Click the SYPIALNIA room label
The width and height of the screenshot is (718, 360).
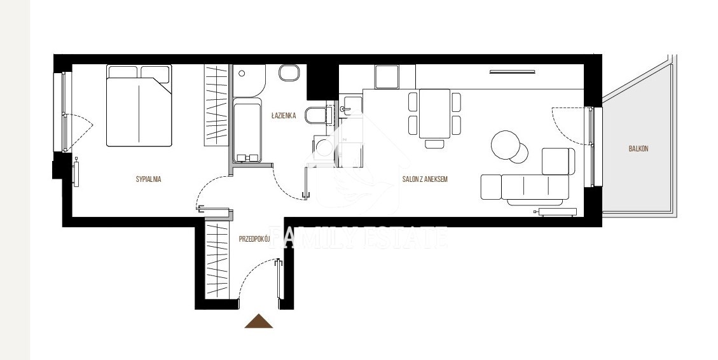(x=148, y=179)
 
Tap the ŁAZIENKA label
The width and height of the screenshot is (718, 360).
(x=284, y=115)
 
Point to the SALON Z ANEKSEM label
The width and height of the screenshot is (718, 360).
(x=425, y=179)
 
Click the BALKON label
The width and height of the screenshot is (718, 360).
(x=639, y=149)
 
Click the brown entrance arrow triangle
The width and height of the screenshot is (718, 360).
(x=259, y=321)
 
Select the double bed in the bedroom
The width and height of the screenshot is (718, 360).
(x=139, y=106)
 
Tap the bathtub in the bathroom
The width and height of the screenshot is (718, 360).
(x=247, y=130)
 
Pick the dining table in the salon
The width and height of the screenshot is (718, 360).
(x=434, y=113)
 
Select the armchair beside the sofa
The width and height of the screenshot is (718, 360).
(x=558, y=161)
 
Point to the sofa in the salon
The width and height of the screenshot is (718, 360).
(x=525, y=189)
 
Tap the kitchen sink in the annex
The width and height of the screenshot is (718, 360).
(x=351, y=107)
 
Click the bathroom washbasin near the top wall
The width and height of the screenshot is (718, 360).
(x=289, y=73)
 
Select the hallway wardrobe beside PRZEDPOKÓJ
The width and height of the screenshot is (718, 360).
(x=217, y=259)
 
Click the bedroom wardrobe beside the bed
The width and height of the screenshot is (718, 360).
(x=216, y=106)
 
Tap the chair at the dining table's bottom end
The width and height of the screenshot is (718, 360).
(x=434, y=144)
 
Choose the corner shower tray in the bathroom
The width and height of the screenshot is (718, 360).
(x=249, y=80)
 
